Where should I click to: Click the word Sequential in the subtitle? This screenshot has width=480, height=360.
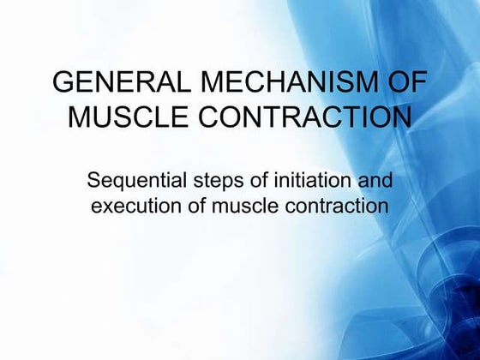(x=131, y=183)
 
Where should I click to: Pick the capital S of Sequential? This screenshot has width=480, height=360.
(x=94, y=183)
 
